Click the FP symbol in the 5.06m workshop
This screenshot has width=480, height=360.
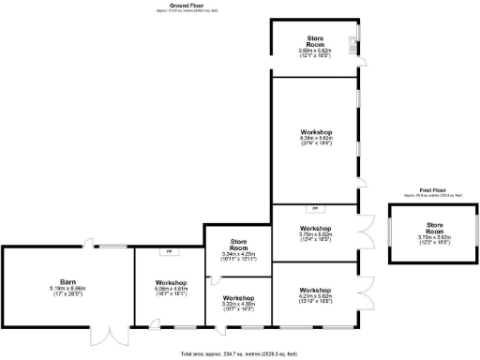(169, 252)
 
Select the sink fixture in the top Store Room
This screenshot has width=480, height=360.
(353, 44)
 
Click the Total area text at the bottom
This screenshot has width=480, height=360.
(239, 354)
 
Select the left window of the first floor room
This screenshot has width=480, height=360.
(391, 230)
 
